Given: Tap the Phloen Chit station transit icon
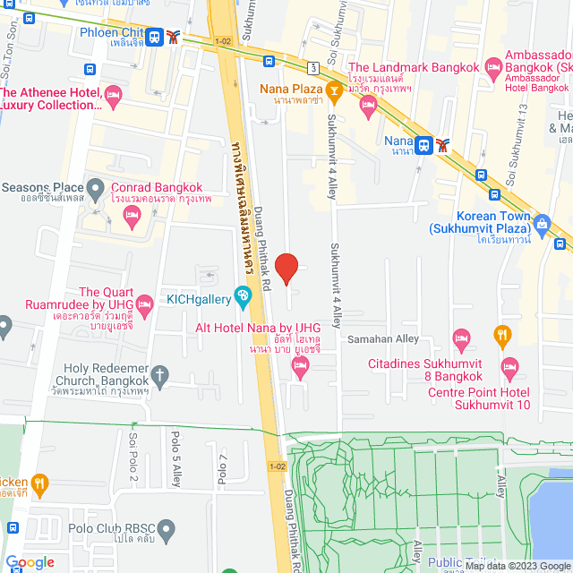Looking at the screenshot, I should (x=156, y=37).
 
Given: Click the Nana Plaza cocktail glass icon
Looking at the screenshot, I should (x=333, y=88).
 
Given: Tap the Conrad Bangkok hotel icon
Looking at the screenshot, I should (x=132, y=213).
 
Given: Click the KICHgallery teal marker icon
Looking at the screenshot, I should (x=242, y=295).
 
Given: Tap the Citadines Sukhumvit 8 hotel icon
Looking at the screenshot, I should (x=461, y=338).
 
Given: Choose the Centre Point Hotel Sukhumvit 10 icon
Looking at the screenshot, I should (x=509, y=365).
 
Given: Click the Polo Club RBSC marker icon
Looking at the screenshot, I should (x=166, y=528).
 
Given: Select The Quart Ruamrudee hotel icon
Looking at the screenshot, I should (x=145, y=305).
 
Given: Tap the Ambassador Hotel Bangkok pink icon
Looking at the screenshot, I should (x=492, y=67).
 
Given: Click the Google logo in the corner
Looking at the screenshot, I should (x=30, y=562).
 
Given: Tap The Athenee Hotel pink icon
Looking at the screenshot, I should (x=113, y=94).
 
